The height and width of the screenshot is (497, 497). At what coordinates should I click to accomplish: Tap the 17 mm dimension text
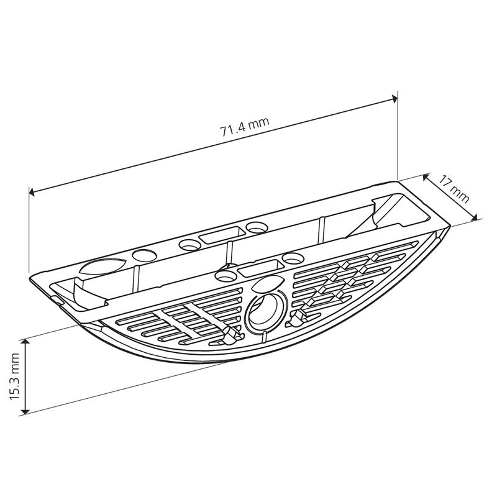click(x=454, y=189)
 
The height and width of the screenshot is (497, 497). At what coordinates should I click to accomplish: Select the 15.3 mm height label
click(x=15, y=376)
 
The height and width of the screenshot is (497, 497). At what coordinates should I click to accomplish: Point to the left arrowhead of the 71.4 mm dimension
click(x=32, y=192)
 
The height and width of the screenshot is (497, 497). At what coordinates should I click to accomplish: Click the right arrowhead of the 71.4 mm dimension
click(x=394, y=99)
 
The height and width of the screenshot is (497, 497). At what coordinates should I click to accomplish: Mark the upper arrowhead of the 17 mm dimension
click(x=426, y=177)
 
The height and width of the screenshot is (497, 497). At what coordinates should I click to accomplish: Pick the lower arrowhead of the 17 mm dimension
click(x=474, y=217)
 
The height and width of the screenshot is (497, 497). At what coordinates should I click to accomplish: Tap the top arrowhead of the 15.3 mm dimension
click(x=25, y=342)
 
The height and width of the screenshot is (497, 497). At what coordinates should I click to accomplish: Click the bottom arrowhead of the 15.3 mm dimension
click(x=25, y=411)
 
